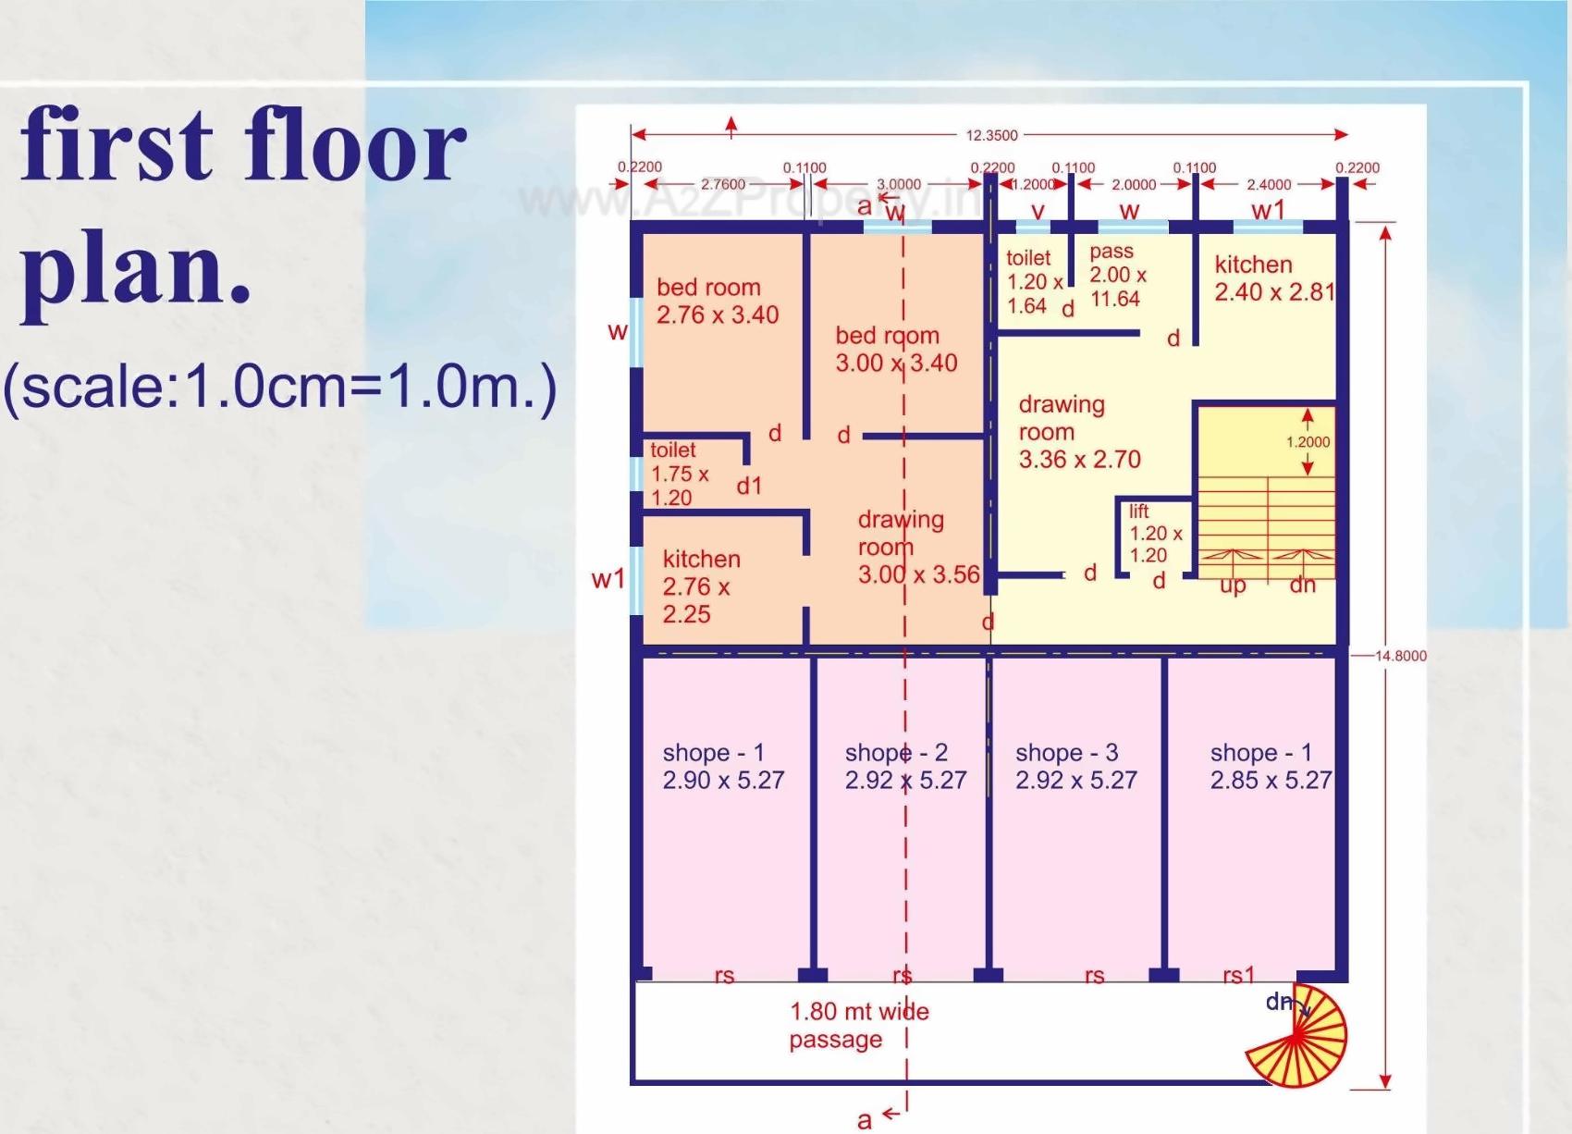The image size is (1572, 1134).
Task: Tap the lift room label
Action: point(1154,534)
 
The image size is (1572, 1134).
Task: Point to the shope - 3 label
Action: point(1075,767)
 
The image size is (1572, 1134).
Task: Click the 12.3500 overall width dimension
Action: point(991,135)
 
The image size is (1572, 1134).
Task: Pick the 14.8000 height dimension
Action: point(1400,656)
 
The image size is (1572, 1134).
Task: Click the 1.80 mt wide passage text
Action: point(858,1025)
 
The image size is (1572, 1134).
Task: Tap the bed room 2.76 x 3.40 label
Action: point(717,302)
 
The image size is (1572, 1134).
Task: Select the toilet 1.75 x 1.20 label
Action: point(679,475)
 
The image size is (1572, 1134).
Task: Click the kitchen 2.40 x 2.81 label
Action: point(1273,278)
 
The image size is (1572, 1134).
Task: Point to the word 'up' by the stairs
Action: point(1232,585)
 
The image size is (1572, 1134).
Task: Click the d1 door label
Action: point(749,486)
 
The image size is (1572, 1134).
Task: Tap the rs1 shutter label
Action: point(1238,975)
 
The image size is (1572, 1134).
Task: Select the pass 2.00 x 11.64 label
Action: point(1117,275)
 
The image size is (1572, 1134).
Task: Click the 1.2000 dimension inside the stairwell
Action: point(1307,442)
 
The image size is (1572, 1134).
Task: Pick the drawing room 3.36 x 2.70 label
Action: point(1078,432)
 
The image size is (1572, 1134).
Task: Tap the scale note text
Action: point(279,387)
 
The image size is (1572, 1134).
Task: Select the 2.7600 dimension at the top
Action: point(722,184)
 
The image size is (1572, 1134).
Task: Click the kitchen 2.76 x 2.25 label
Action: point(700,586)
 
